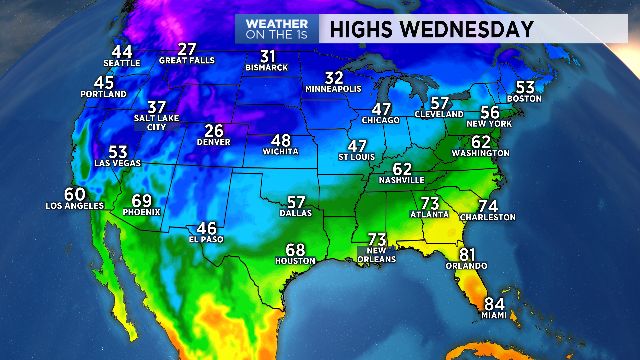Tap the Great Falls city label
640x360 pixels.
point(187,60)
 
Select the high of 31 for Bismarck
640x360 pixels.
point(267,56)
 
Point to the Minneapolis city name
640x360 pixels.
point(335,89)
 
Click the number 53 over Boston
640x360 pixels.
point(525,86)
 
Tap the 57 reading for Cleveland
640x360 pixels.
point(440,103)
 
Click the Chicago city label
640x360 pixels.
point(381,120)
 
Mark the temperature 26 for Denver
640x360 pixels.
point(214,131)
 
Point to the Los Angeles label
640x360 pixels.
point(74,206)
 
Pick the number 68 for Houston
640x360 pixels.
point(295,250)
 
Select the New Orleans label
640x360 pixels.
point(377,254)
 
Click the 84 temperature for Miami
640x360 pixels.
point(494,304)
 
